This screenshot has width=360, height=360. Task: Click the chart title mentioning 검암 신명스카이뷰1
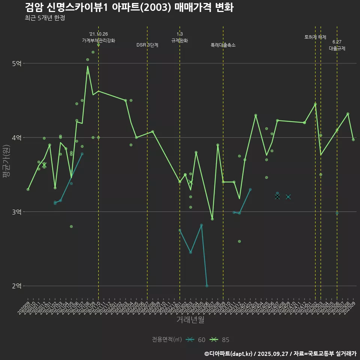[129, 7]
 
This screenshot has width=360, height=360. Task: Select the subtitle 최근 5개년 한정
[45, 18]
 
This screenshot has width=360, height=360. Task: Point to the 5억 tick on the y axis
[17, 63]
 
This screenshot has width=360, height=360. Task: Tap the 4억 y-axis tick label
[17, 138]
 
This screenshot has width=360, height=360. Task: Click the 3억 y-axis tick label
[17, 212]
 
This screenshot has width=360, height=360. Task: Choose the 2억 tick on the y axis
[17, 286]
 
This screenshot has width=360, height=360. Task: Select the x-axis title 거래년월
[190, 320]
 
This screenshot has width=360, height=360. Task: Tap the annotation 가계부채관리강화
[99, 40]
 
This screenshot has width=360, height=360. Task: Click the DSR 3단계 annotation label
[147, 45]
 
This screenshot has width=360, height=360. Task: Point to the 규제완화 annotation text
[180, 40]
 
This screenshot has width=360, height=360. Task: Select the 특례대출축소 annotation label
[223, 45]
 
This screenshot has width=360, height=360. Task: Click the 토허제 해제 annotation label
[315, 37]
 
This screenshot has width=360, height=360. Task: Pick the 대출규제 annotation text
[337, 48]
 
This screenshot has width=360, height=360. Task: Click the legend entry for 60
[196, 340]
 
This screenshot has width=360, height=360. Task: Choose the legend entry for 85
[220, 340]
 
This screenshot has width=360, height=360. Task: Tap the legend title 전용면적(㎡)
[167, 340]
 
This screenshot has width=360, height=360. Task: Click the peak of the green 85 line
[87, 66]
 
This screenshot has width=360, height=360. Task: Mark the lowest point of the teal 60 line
[207, 286]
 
